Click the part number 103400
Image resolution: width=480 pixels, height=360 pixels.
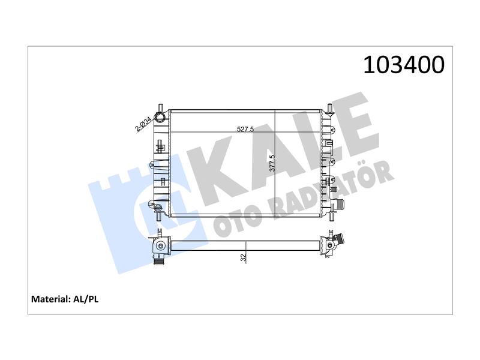(x=403, y=65)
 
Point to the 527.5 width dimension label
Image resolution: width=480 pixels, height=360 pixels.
(x=245, y=129)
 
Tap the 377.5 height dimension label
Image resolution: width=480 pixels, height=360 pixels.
(x=272, y=163)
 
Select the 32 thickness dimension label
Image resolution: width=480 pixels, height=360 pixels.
(x=244, y=258)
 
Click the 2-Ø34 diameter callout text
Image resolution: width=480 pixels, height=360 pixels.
(x=143, y=124)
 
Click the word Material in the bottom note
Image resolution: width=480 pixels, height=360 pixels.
(x=51, y=299)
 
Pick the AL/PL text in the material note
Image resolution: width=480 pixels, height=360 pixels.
(x=86, y=299)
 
